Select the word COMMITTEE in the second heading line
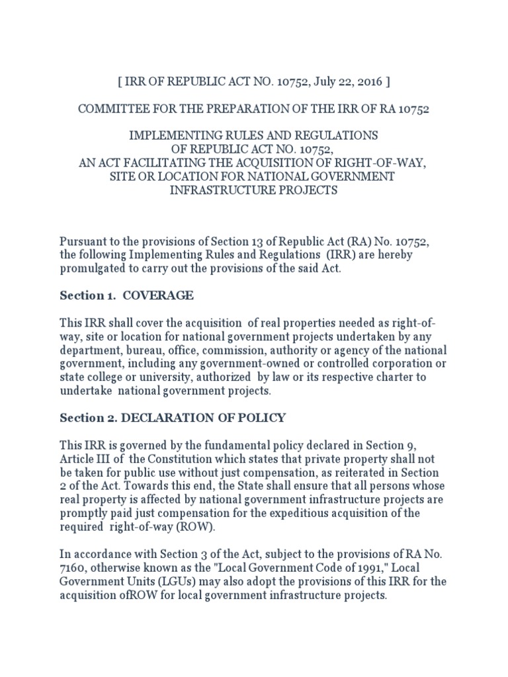tap(111, 109)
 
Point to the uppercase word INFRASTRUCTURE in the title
tap(216, 190)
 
